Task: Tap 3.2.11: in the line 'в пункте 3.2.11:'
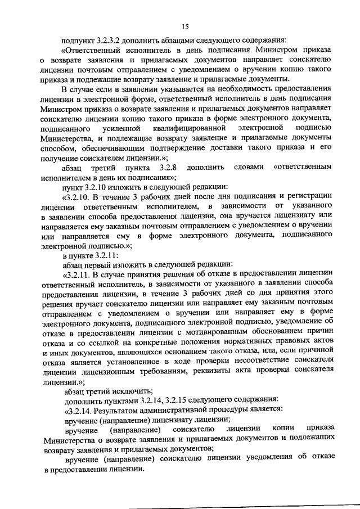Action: point(105,255)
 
